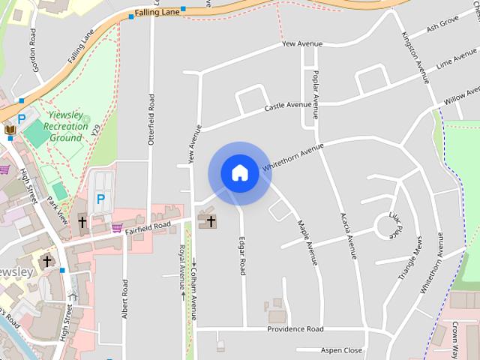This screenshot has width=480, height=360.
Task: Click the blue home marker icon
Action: click(x=239, y=172)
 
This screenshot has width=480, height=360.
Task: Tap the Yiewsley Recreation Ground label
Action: click(x=66, y=127)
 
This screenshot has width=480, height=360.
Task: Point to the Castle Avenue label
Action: click(x=288, y=106)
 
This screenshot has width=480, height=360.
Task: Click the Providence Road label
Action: click(x=295, y=329)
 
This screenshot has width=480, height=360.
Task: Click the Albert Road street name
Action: click(x=125, y=298)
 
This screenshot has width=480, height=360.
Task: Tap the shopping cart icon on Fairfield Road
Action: click(x=116, y=227)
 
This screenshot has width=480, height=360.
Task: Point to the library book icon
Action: click(x=10, y=130)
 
